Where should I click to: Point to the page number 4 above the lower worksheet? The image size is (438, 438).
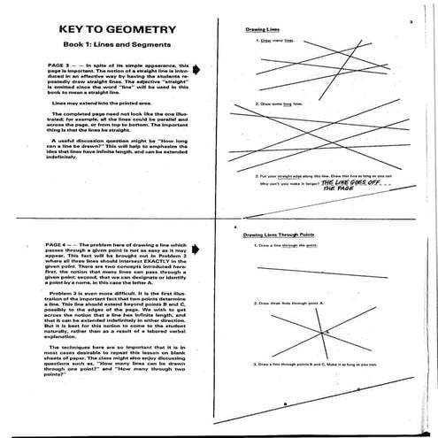tap(235, 227)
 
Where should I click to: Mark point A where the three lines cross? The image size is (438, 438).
tap(324, 333)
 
